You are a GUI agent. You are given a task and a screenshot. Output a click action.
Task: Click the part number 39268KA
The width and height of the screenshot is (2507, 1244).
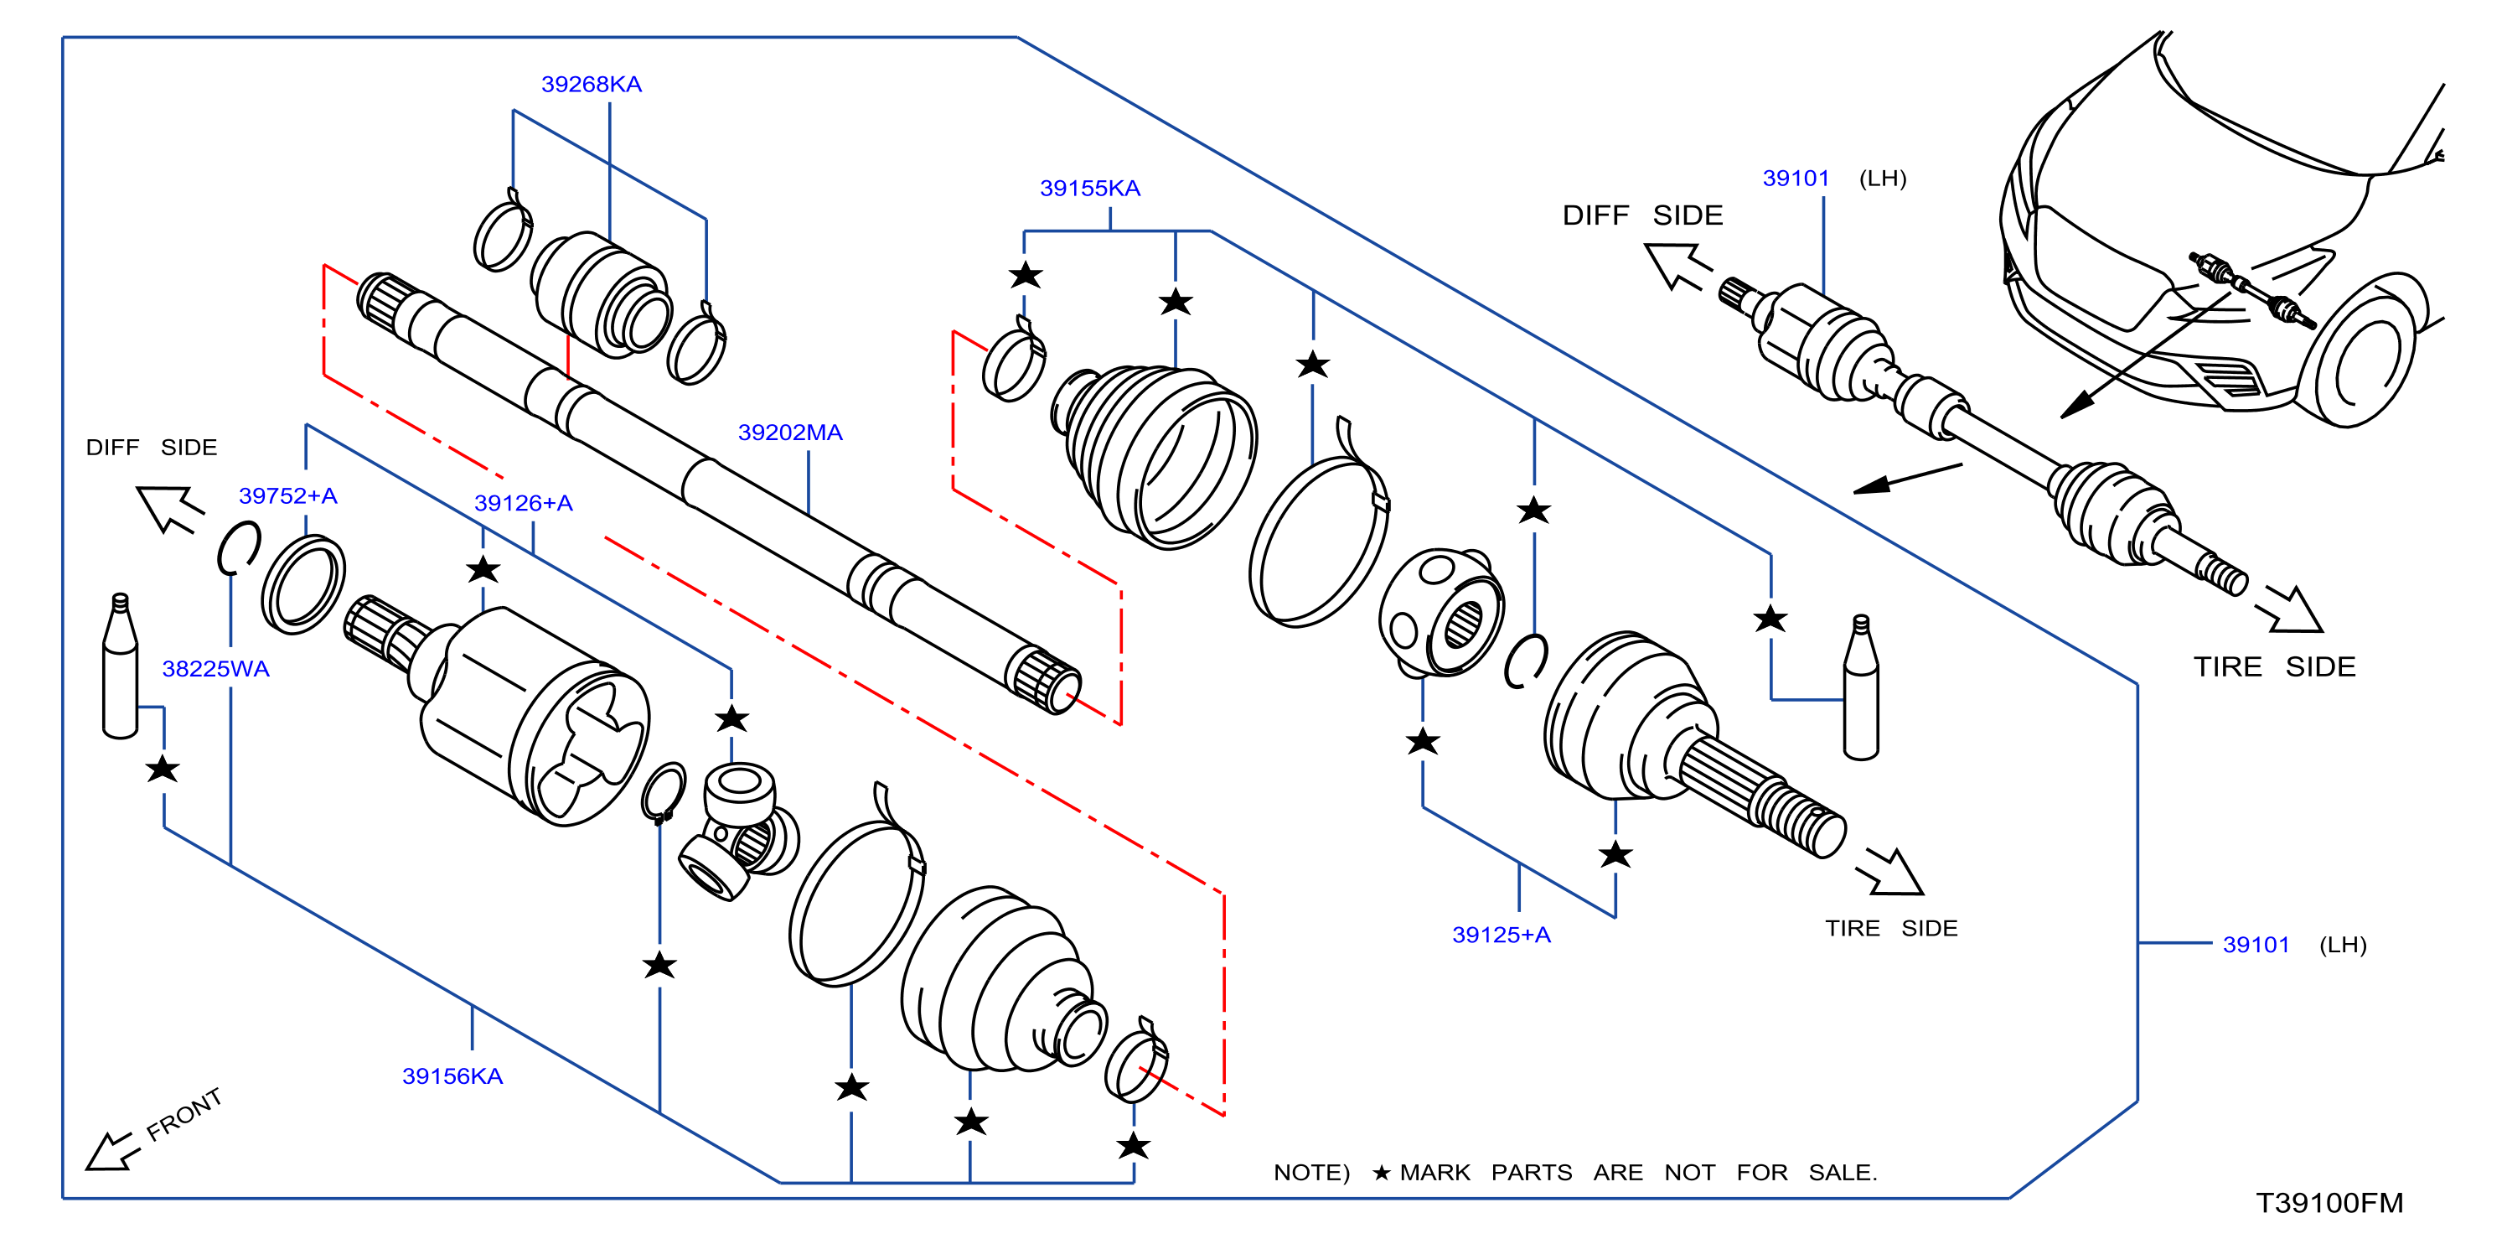[x=591, y=85]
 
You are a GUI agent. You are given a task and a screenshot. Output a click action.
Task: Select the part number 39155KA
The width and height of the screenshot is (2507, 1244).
[x=1089, y=189]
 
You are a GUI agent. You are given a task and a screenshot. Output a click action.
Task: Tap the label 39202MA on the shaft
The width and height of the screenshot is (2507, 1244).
[x=789, y=433]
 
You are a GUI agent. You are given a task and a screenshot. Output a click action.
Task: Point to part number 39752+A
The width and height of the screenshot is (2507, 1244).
[x=287, y=496]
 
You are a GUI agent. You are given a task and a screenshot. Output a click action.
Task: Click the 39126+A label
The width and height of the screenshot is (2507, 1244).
[x=523, y=504]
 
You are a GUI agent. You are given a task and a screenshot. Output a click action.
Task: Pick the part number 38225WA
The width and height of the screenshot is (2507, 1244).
[x=215, y=670]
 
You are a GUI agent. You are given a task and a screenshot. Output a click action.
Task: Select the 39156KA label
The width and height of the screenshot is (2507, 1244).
[x=452, y=1076]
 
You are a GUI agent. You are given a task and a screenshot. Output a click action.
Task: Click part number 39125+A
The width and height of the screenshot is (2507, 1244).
[x=1501, y=936]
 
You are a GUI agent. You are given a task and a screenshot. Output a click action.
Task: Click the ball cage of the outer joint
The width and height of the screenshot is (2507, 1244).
[x=1441, y=612]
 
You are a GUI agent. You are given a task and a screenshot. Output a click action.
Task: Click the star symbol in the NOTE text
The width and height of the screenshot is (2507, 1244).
[x=1381, y=1173]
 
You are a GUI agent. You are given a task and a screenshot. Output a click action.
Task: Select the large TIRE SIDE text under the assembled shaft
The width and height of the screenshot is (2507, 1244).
[x=2273, y=668]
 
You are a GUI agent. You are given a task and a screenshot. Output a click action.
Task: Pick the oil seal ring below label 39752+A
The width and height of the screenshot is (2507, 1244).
[x=302, y=584]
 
